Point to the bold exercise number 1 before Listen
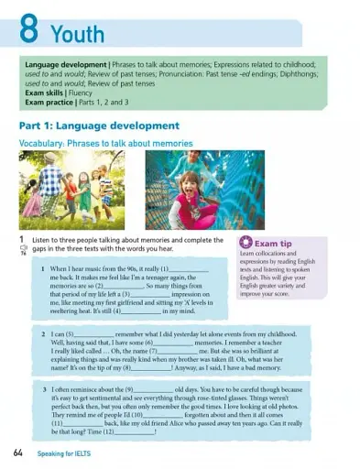(x=21, y=239)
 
